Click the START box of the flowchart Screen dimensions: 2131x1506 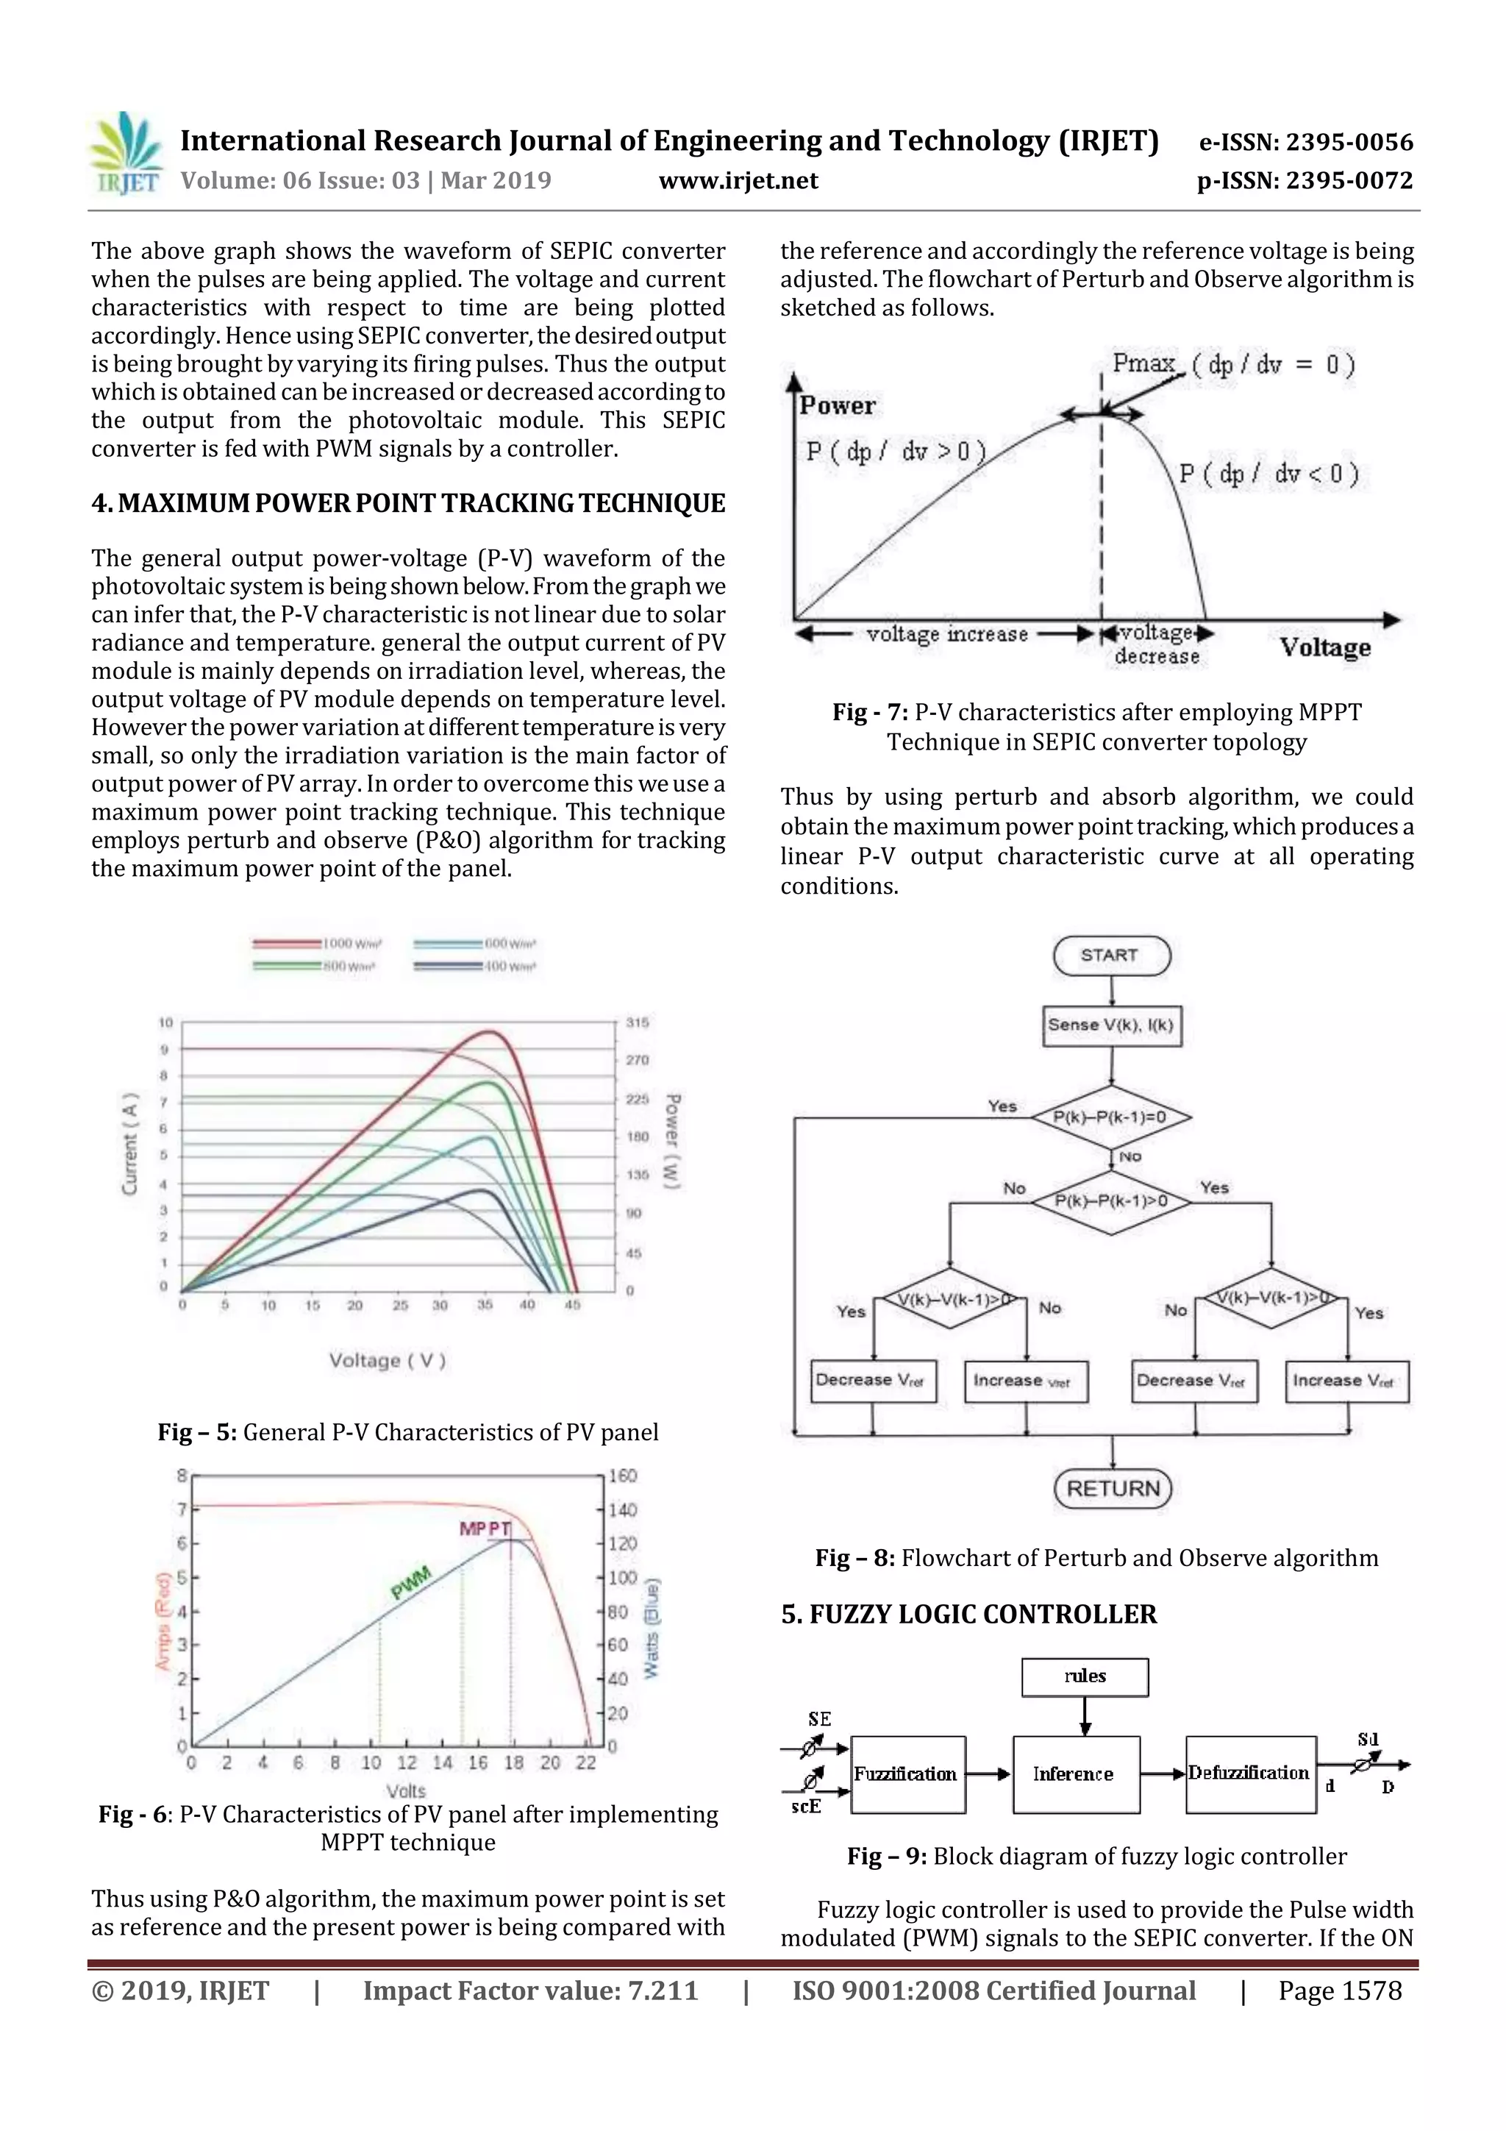(x=1110, y=955)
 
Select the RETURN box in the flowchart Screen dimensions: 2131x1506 (x=1113, y=1489)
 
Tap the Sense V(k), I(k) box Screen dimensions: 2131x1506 (x=1110, y=1025)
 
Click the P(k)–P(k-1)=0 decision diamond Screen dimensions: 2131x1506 (x=1110, y=1117)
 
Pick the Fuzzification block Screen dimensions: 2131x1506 (x=907, y=1774)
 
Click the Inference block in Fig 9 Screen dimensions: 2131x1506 (x=1074, y=1774)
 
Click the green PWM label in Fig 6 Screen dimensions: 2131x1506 (x=411, y=1582)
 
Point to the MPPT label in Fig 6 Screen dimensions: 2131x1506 (x=485, y=1529)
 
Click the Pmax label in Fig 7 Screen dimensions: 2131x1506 (x=1143, y=363)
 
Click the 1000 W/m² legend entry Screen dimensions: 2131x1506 (x=351, y=944)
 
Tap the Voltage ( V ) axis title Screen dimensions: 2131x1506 (x=387, y=1361)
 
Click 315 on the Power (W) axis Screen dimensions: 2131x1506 (x=637, y=1022)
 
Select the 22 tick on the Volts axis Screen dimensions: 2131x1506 (x=585, y=1762)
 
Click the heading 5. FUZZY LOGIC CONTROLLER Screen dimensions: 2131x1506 (x=968, y=1614)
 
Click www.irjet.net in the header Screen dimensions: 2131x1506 (x=738, y=180)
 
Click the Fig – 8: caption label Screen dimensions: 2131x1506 (x=854, y=1557)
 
